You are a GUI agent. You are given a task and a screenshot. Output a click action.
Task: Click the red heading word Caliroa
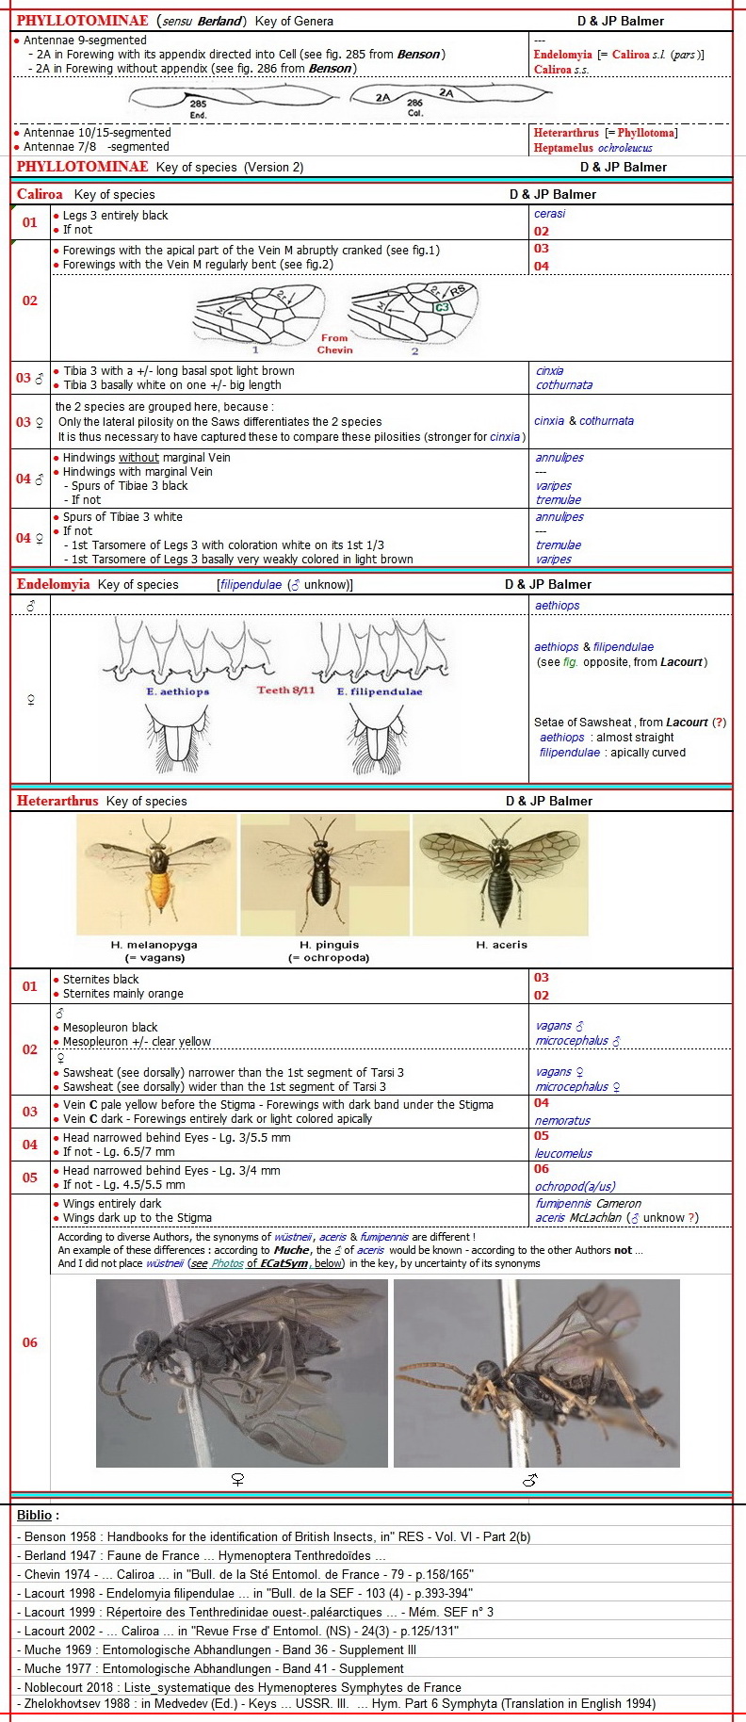tap(40, 195)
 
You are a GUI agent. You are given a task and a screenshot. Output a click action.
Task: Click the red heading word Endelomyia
tap(53, 585)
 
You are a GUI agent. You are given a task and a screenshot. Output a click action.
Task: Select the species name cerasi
tap(550, 214)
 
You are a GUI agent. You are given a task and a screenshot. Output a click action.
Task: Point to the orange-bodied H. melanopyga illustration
tap(155, 874)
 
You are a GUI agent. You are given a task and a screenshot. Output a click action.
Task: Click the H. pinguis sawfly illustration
tap(325, 874)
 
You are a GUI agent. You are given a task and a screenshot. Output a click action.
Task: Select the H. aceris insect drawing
tap(500, 874)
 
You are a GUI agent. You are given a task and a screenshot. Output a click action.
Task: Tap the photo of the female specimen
tap(241, 1373)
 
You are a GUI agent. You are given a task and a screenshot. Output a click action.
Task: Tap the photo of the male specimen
tap(536, 1373)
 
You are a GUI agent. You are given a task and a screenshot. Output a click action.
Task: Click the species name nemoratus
tap(562, 1121)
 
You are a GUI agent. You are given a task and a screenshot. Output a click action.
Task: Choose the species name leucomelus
tap(563, 1153)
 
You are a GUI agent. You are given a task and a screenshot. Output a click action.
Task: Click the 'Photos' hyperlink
tap(227, 1263)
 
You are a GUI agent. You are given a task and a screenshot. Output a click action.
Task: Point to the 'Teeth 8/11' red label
tap(285, 690)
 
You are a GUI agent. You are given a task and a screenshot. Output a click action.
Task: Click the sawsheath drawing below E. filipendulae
tap(380, 739)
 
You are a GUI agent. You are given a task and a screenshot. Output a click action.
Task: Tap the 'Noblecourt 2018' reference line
tap(239, 1687)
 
